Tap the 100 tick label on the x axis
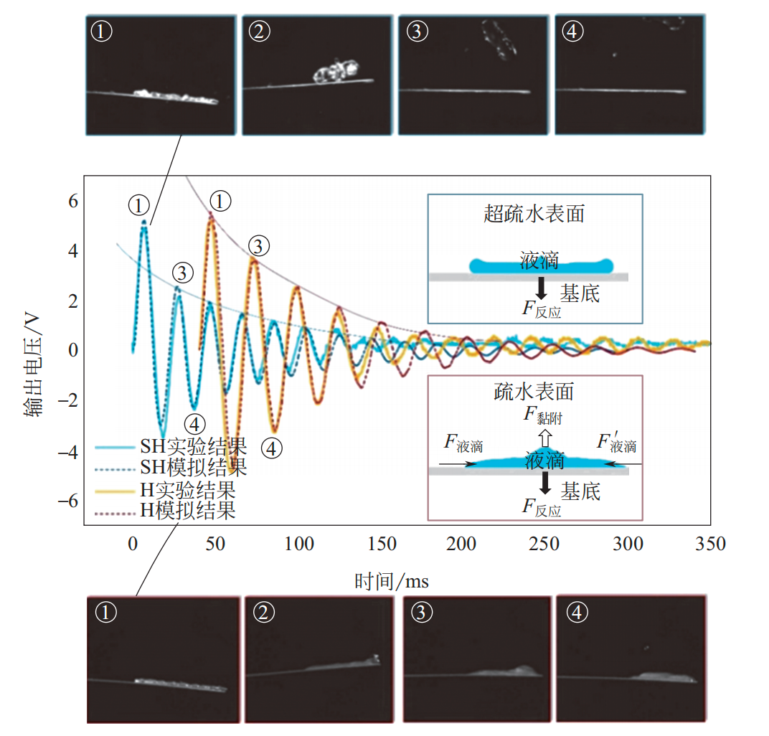pyautogui.click(x=298, y=544)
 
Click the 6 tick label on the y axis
pyautogui.click(x=72, y=202)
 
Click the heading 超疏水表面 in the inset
pyautogui.click(x=534, y=214)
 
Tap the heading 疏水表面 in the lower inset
pyautogui.click(x=534, y=391)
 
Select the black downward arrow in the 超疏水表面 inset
pyautogui.click(x=541, y=287)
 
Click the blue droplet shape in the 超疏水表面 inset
pyautogui.click(x=541, y=265)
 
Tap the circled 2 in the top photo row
pyautogui.click(x=258, y=31)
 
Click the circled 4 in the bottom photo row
pyautogui.click(x=576, y=612)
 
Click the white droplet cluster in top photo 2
pyautogui.click(x=336, y=72)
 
